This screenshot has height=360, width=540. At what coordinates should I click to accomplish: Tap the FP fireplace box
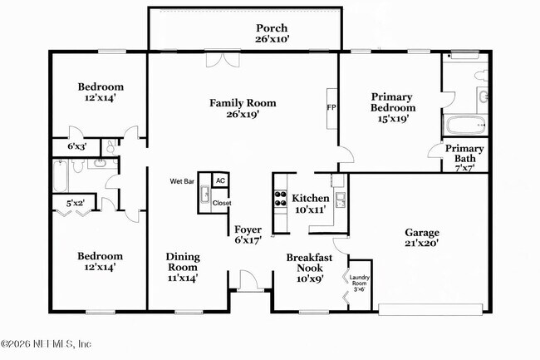point(331,108)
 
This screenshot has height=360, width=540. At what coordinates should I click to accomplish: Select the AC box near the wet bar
point(220,180)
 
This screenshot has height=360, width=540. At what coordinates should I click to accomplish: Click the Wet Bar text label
point(182,180)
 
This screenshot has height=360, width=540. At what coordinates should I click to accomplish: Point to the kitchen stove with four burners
point(279,199)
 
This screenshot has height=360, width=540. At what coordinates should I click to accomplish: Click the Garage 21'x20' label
point(422,238)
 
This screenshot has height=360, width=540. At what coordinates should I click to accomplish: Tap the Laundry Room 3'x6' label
point(359,283)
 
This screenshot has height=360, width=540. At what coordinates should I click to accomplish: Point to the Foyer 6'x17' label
point(248,234)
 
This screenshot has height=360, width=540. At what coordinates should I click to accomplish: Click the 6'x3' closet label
point(76,147)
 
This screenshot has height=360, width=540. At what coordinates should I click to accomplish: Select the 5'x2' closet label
point(76,202)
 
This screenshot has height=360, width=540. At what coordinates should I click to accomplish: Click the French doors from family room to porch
point(223,61)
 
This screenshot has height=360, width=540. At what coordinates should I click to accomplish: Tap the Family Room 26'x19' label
point(242,109)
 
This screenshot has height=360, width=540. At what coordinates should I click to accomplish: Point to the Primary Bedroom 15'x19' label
point(392,106)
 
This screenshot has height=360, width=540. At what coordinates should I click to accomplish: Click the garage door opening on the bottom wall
point(430,309)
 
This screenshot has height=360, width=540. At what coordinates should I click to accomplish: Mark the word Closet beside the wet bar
point(222,203)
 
